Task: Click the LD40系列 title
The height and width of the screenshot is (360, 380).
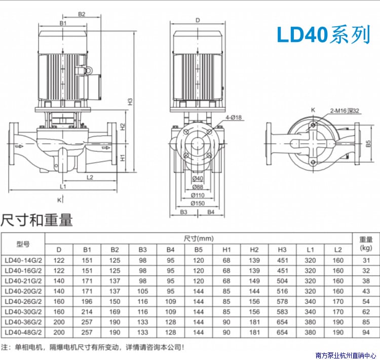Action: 323,34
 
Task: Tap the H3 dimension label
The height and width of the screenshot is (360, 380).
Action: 130,101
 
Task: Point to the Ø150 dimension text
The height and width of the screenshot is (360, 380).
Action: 198,203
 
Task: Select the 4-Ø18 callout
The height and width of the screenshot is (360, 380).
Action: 234,117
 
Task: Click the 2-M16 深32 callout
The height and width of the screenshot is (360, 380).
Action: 345,111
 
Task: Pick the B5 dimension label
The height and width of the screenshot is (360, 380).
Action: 368,144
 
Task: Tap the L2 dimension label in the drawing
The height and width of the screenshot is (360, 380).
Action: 90,177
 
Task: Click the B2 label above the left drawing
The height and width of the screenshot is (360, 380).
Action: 82,14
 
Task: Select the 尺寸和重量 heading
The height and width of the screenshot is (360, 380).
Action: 36,220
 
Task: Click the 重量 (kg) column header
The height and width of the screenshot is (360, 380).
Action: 366,244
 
